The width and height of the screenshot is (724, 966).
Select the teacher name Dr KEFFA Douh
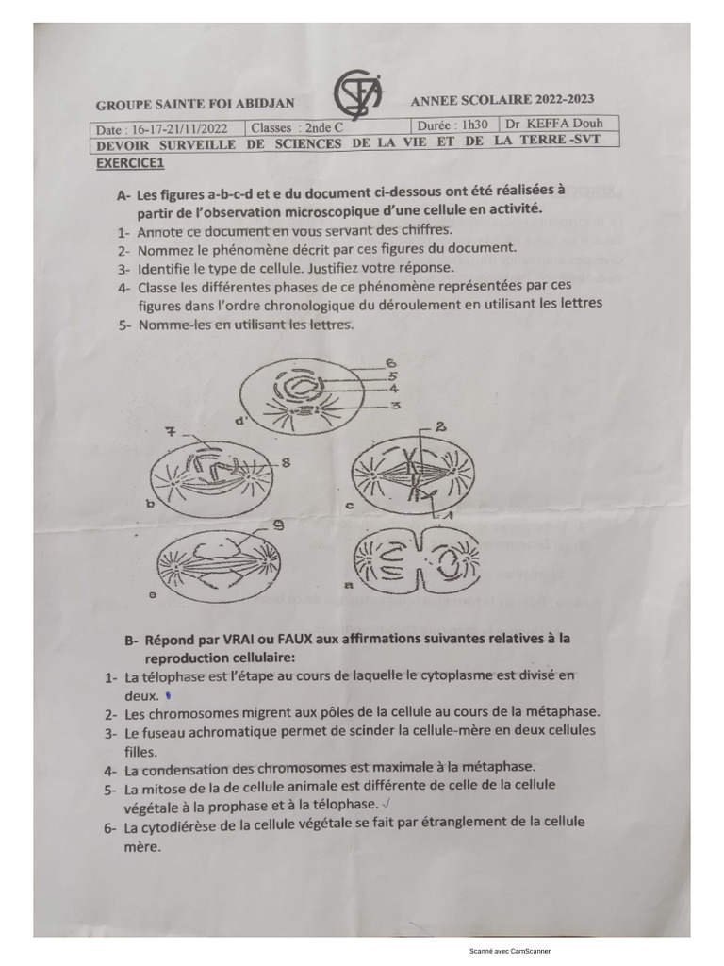click(x=553, y=124)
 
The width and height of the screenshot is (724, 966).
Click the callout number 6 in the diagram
click(x=389, y=363)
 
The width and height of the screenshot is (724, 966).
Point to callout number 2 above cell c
click(x=439, y=427)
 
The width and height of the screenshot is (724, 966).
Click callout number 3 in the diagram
click(x=396, y=405)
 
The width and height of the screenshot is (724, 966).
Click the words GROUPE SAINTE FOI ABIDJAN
click(x=194, y=104)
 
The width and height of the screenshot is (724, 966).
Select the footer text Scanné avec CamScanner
click(x=509, y=951)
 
